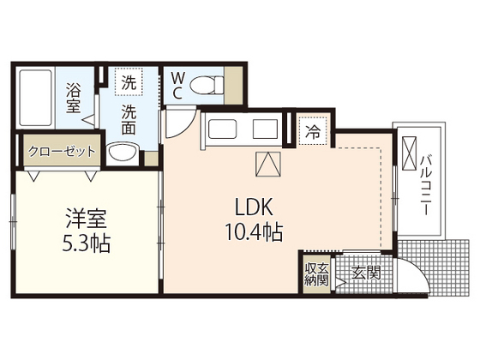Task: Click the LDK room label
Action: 254,207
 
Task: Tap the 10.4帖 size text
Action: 254,232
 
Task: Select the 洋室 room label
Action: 86,219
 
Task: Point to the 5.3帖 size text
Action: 86,243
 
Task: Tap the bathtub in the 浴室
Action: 35,98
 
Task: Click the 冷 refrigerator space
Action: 313,132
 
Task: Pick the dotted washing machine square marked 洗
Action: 129,82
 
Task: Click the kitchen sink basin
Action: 222,129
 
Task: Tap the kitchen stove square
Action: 265,129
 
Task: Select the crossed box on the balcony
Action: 410,153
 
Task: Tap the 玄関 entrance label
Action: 366,273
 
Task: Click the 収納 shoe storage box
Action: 317,274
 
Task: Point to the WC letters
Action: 177,87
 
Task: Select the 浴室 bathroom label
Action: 74,99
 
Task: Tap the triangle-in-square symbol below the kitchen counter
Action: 268,165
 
